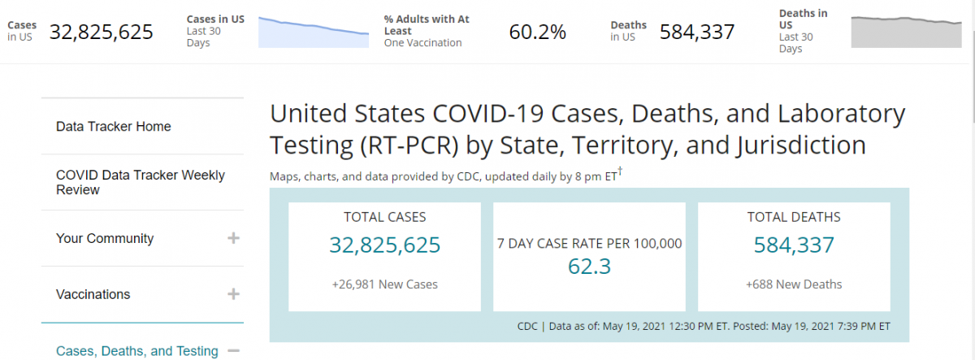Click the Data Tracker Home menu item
(x=114, y=127)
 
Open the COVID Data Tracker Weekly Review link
(x=140, y=182)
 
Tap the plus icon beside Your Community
(x=233, y=238)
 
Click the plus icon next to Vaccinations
(x=233, y=294)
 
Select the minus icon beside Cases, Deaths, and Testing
(x=233, y=351)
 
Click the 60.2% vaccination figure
(x=537, y=32)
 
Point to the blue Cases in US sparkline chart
(x=313, y=32)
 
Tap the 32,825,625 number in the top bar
(x=102, y=32)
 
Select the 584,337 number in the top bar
(x=697, y=32)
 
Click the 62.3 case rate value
(x=590, y=267)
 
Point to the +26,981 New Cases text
(x=385, y=284)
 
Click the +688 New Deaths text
(x=794, y=284)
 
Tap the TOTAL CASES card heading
(x=385, y=217)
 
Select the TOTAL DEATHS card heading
(x=794, y=217)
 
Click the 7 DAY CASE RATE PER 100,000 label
(x=590, y=243)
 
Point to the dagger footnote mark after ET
(x=620, y=171)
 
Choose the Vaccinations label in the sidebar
(x=93, y=294)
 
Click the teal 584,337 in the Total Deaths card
(x=794, y=245)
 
